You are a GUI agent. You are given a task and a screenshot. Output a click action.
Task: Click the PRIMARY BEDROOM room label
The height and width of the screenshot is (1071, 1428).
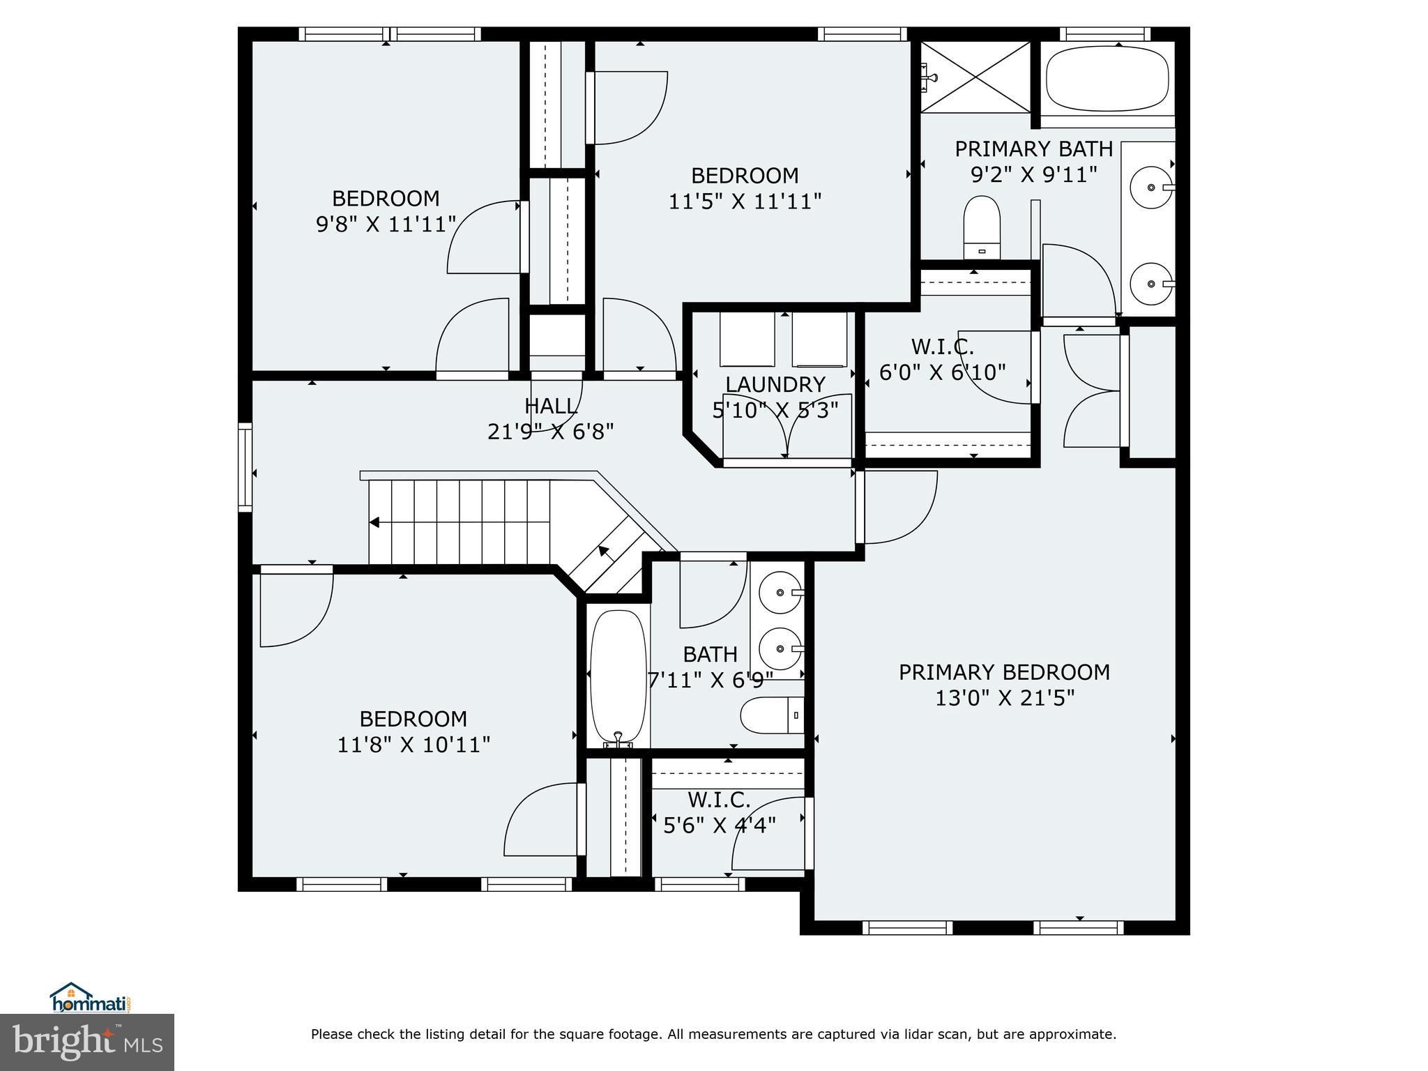[x=1004, y=672]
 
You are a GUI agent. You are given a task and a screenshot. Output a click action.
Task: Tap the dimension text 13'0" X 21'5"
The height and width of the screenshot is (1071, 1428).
[x=1004, y=698]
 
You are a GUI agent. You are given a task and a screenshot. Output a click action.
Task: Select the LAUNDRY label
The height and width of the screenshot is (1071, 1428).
[x=775, y=384]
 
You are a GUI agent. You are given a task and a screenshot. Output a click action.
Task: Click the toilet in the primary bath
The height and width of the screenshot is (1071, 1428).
[x=982, y=227]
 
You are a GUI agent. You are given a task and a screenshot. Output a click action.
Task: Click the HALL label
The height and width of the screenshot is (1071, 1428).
[x=550, y=406]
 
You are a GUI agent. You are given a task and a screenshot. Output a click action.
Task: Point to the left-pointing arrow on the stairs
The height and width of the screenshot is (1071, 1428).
[x=374, y=522]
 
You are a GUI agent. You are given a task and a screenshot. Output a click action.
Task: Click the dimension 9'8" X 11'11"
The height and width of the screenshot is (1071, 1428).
[x=386, y=225]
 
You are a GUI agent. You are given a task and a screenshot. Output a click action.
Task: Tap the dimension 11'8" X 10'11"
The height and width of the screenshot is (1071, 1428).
[x=413, y=745]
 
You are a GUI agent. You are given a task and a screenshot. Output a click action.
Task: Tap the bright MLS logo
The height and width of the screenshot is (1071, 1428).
[x=87, y=1041]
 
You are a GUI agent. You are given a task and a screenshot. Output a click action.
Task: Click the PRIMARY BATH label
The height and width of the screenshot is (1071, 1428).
[x=1033, y=149]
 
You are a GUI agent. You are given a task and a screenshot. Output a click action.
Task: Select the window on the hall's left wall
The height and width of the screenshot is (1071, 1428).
[x=245, y=467]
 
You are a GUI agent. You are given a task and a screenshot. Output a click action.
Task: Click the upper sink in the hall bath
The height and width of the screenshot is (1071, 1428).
[x=780, y=593]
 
